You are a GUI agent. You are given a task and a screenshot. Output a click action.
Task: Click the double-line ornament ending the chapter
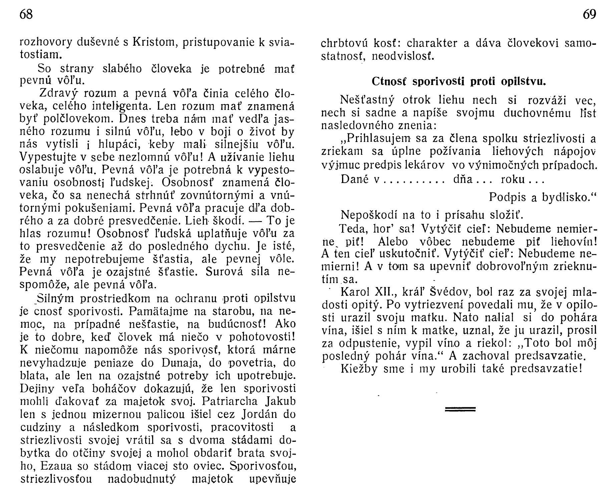(460, 409)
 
